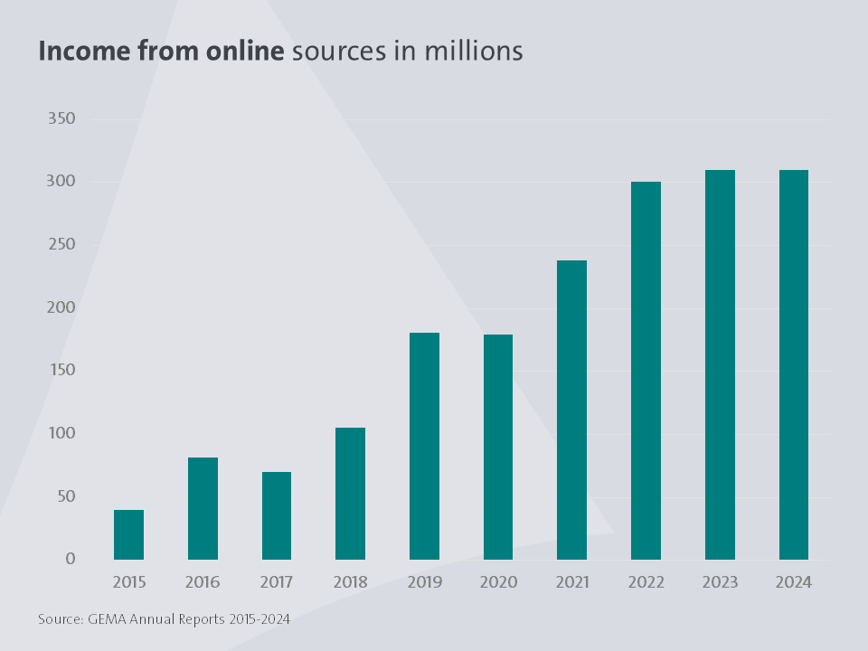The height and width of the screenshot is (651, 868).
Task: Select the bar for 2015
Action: [x=128, y=534]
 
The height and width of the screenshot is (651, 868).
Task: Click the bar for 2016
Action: [x=203, y=508]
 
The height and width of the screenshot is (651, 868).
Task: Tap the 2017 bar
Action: [x=277, y=515]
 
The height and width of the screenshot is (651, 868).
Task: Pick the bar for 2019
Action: [x=424, y=446]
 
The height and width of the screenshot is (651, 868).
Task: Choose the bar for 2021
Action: [x=571, y=410]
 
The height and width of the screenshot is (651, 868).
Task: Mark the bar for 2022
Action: [x=646, y=370]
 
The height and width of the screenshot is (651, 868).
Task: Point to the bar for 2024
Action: [x=793, y=364]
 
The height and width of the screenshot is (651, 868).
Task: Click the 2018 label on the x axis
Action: [x=350, y=582]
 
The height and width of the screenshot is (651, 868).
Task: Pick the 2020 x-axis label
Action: [x=498, y=582]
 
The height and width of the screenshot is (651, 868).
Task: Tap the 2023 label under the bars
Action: [x=720, y=582]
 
